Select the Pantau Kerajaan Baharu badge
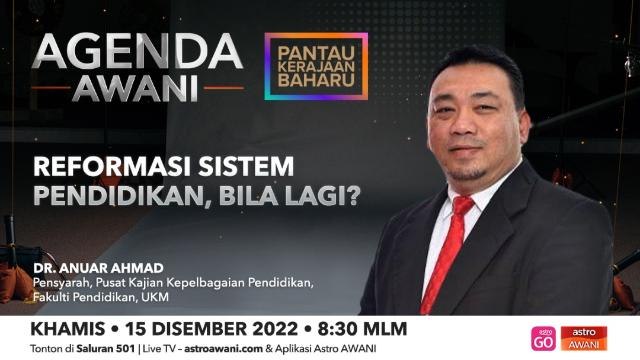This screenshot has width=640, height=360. pyautogui.click(x=316, y=66)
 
